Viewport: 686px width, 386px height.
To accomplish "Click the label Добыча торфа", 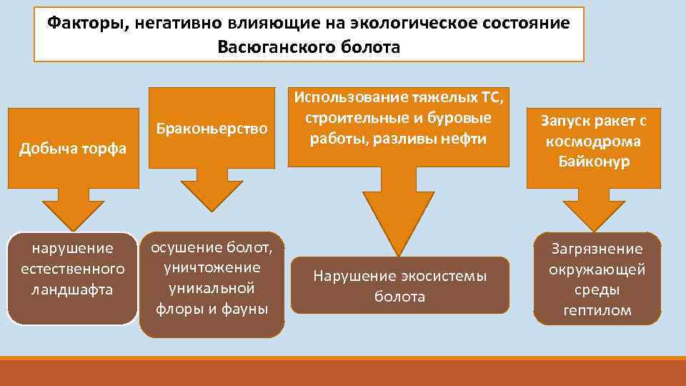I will click(x=72, y=149).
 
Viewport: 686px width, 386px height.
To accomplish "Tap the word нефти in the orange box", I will click(x=464, y=138).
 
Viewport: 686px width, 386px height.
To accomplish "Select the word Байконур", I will click(x=595, y=162).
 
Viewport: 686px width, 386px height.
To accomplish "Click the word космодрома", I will click(x=595, y=141).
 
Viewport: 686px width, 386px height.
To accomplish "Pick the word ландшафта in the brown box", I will click(x=72, y=289).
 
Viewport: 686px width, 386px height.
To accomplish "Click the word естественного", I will click(x=72, y=269).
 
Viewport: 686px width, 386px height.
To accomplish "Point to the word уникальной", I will click(x=212, y=289).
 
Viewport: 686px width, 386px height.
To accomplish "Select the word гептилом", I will click(x=597, y=310).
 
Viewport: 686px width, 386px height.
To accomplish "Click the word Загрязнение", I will click(x=597, y=249).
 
